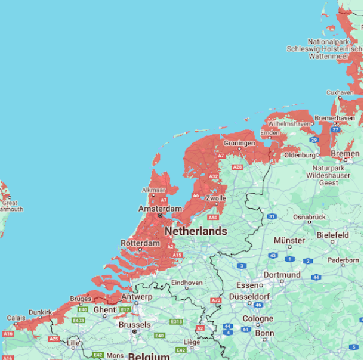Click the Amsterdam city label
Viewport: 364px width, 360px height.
tap(160, 209)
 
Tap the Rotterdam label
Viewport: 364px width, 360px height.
tap(140, 243)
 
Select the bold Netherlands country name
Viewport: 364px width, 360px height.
tap(196, 231)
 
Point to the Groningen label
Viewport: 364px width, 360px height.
tap(239, 144)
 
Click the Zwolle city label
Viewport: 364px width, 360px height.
tap(215, 198)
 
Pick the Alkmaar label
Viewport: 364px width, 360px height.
tap(153, 190)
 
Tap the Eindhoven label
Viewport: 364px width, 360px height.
tap(187, 283)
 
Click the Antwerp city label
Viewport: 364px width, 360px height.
tap(137, 296)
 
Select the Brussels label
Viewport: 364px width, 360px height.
tap(134, 325)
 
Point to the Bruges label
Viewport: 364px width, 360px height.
tap(80, 299)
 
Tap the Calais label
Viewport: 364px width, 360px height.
tap(16, 318)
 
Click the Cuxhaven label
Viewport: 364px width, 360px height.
tap(341, 92)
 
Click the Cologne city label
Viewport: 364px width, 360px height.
tap(258, 318)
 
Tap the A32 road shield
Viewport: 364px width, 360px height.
tap(214, 176)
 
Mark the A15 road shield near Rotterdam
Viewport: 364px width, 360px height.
tap(177, 255)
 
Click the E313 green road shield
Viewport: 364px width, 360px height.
tap(176, 322)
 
